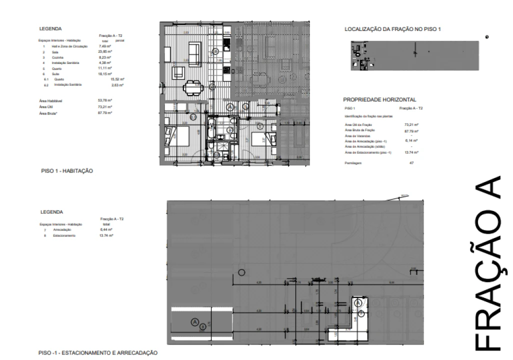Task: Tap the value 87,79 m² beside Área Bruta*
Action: click(105, 113)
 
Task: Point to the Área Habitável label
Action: click(50, 101)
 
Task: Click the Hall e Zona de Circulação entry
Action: click(66, 46)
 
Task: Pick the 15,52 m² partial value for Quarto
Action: click(117, 79)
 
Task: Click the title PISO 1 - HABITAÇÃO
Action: click(67, 171)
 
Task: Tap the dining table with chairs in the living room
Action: click(192, 88)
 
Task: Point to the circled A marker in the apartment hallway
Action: click(230, 107)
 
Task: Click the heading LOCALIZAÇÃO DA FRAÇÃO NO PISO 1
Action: click(392, 30)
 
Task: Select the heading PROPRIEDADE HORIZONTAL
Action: click(380, 100)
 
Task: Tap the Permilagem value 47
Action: click(411, 163)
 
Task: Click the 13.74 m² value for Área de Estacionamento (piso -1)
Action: click(411, 152)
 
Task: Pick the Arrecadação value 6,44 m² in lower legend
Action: click(106, 229)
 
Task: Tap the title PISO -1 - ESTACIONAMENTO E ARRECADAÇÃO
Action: click(98, 353)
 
